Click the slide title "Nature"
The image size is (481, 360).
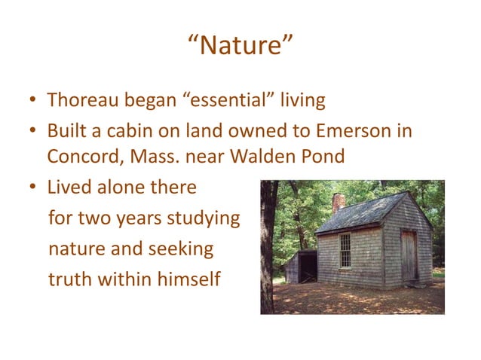click(240, 47)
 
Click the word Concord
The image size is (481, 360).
click(79, 157)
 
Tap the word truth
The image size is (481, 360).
click(69, 279)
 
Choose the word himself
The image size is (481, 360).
click(188, 279)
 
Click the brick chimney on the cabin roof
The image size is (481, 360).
click(339, 203)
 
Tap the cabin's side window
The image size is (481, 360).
click(345, 250)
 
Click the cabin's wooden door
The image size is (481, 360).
click(408, 255)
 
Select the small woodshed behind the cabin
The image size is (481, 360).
click(299, 267)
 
